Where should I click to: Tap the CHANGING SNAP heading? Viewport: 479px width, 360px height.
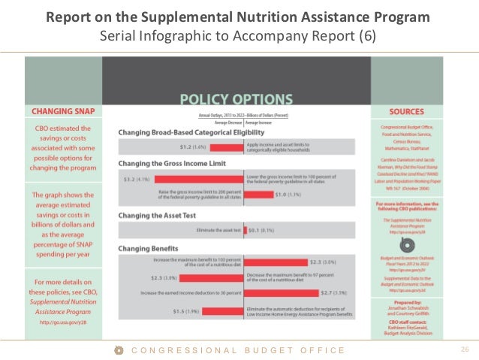[62, 111]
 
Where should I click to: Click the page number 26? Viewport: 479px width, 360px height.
[463, 350]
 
